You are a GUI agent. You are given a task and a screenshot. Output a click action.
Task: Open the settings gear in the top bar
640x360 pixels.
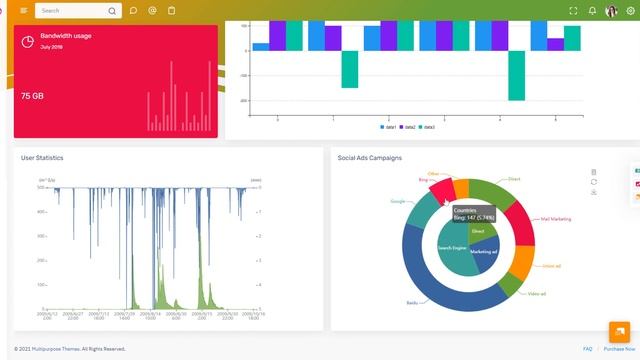coord(630,11)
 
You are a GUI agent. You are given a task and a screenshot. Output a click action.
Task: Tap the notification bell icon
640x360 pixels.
coord(592,11)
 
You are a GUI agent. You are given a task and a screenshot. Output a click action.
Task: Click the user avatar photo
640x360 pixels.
coord(611,11)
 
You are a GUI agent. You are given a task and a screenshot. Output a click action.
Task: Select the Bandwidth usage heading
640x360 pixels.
coord(66,36)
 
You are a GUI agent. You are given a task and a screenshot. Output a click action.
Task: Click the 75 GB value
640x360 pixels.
coord(31,96)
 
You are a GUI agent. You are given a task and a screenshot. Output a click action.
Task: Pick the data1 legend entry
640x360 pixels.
coord(388,127)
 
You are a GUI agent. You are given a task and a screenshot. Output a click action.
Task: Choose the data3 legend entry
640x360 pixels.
coord(426,127)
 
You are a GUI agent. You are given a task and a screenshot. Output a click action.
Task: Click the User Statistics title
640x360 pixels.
coord(42,158)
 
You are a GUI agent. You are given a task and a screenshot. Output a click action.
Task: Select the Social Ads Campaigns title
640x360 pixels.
coord(370,158)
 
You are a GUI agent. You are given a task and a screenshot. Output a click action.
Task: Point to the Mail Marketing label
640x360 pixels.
coord(556,218)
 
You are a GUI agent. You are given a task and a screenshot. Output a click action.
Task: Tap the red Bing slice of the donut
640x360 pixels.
coord(441,190)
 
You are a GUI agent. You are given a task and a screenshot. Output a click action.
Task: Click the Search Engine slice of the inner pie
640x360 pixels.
coord(453,247)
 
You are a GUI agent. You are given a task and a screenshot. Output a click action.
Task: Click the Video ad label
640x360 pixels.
coord(536,293)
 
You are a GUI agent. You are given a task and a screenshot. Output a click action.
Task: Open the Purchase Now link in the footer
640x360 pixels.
coord(618,349)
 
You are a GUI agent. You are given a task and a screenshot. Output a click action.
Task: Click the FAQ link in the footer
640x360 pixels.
coord(587,349)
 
